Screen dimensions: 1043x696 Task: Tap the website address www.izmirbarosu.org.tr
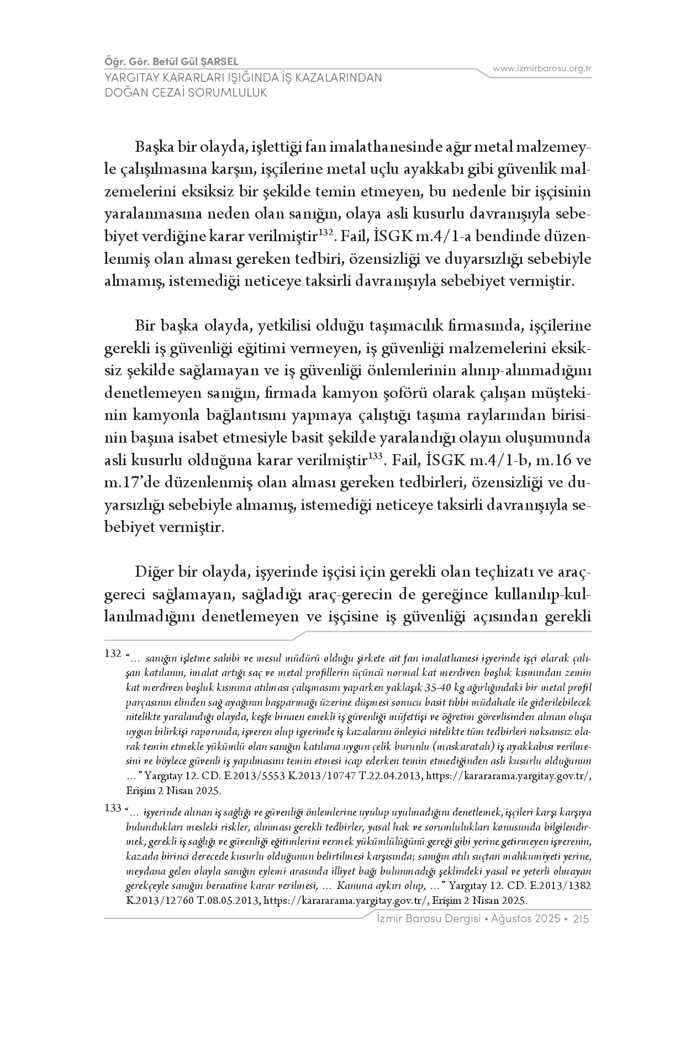[x=542, y=68]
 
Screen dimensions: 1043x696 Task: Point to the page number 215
[x=582, y=919]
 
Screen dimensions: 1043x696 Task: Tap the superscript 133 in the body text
[x=376, y=456]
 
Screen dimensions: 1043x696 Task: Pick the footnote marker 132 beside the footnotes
[x=112, y=653]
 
